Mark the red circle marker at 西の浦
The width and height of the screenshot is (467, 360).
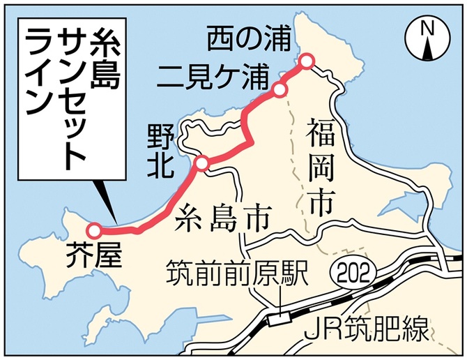pos(307,62)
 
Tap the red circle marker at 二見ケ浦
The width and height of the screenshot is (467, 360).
pos(280,89)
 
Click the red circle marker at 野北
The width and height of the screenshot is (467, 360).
pos(201,163)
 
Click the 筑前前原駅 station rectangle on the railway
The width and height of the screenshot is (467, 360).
pos(280,318)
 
